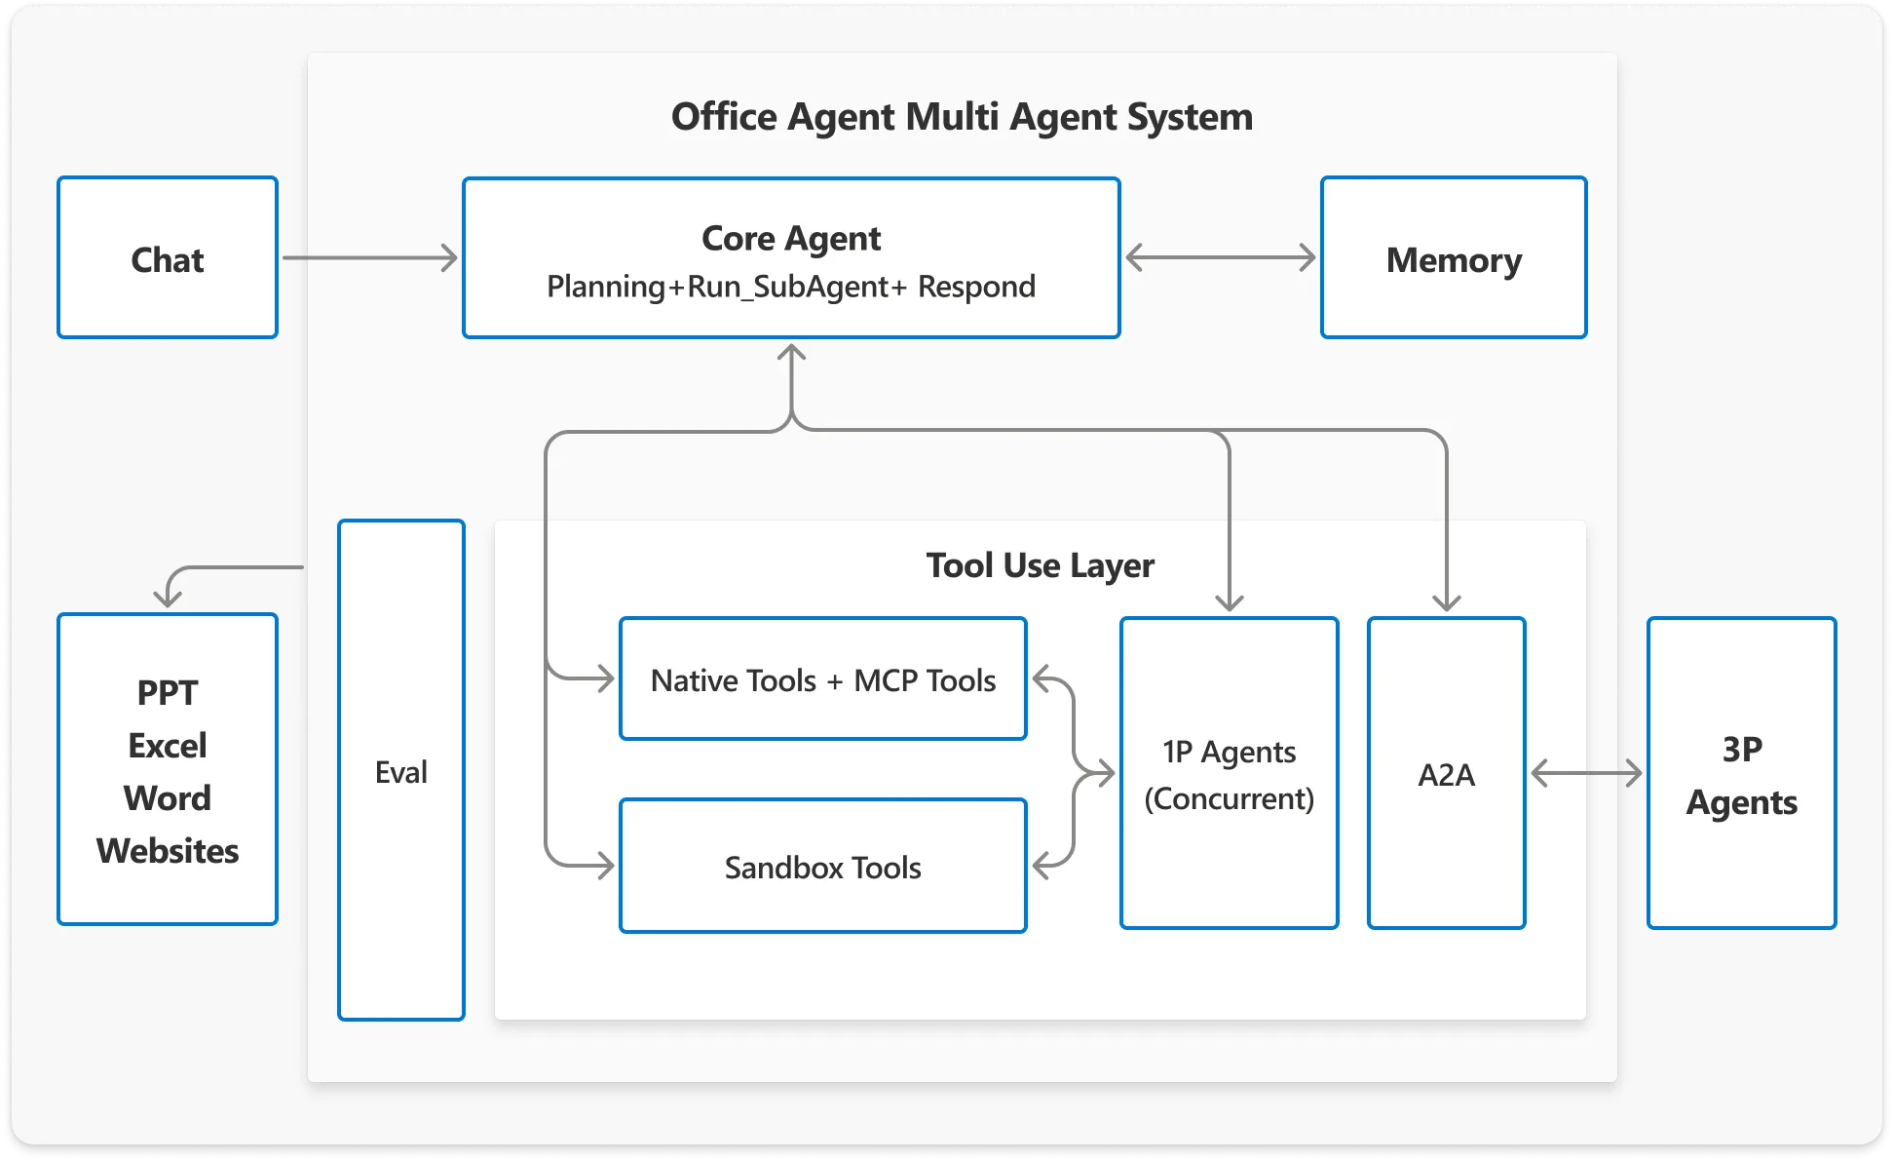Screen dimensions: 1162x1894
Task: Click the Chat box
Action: click(168, 258)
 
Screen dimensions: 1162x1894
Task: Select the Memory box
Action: click(1453, 258)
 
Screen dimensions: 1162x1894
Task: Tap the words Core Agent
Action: click(790, 239)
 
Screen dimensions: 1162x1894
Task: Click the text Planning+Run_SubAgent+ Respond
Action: click(790, 287)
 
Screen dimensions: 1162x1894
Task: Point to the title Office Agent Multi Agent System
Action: click(962, 117)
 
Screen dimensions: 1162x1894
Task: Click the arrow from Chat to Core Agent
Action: click(370, 258)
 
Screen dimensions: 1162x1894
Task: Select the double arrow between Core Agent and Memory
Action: click(1220, 258)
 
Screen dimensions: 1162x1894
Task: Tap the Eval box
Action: click(400, 770)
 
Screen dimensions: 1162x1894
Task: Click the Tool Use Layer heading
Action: click(1040, 565)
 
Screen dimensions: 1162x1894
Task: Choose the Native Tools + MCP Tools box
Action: click(822, 679)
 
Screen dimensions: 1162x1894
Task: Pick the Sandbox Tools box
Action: click(822, 867)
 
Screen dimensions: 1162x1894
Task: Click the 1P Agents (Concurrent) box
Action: click(1229, 773)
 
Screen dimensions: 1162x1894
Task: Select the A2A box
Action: click(1446, 773)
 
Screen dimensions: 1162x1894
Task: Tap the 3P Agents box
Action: click(1741, 773)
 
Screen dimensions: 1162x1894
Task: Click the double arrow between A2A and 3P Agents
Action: click(1586, 774)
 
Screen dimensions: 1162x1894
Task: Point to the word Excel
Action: click(168, 746)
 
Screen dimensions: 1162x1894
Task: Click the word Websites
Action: click(168, 851)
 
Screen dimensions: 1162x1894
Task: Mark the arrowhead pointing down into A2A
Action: click(1446, 602)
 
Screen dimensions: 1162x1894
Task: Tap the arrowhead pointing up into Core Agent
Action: click(791, 353)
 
